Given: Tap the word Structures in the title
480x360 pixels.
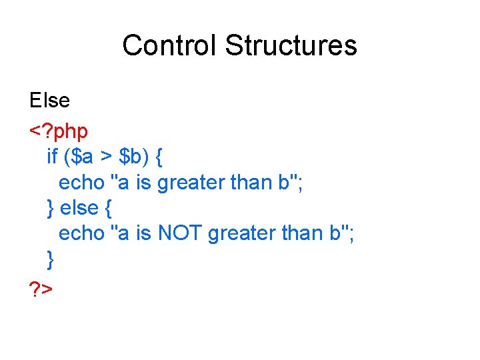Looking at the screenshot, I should pos(291,46).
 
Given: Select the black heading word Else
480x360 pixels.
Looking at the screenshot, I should pos(49,101).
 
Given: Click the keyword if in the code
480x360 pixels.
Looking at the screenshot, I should pos(52,157).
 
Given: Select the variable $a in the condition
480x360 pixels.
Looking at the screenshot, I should pos(81,157).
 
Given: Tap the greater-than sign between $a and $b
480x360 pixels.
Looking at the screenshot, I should pos(106,157).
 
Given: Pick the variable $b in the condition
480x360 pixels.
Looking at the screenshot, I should pos(131,157).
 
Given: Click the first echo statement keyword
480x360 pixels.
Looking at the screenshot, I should pos(81,182).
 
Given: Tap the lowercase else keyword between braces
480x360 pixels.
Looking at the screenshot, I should pos(79,208).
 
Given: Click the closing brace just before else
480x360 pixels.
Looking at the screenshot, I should pos(51,209).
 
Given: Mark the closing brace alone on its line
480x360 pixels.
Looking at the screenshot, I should pos(51,259).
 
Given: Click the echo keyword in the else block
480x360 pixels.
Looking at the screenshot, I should pos(81,233).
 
